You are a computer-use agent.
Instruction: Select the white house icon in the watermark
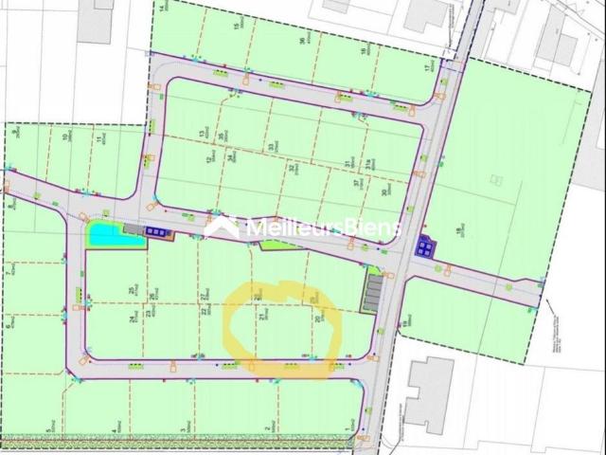[223, 227]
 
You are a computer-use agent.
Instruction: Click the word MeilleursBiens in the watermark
[323, 228]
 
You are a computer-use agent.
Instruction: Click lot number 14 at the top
[162, 6]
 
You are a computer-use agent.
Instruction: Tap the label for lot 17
[427, 68]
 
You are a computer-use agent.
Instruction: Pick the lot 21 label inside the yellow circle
[260, 318]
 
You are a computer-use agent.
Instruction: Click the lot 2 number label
[272, 430]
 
